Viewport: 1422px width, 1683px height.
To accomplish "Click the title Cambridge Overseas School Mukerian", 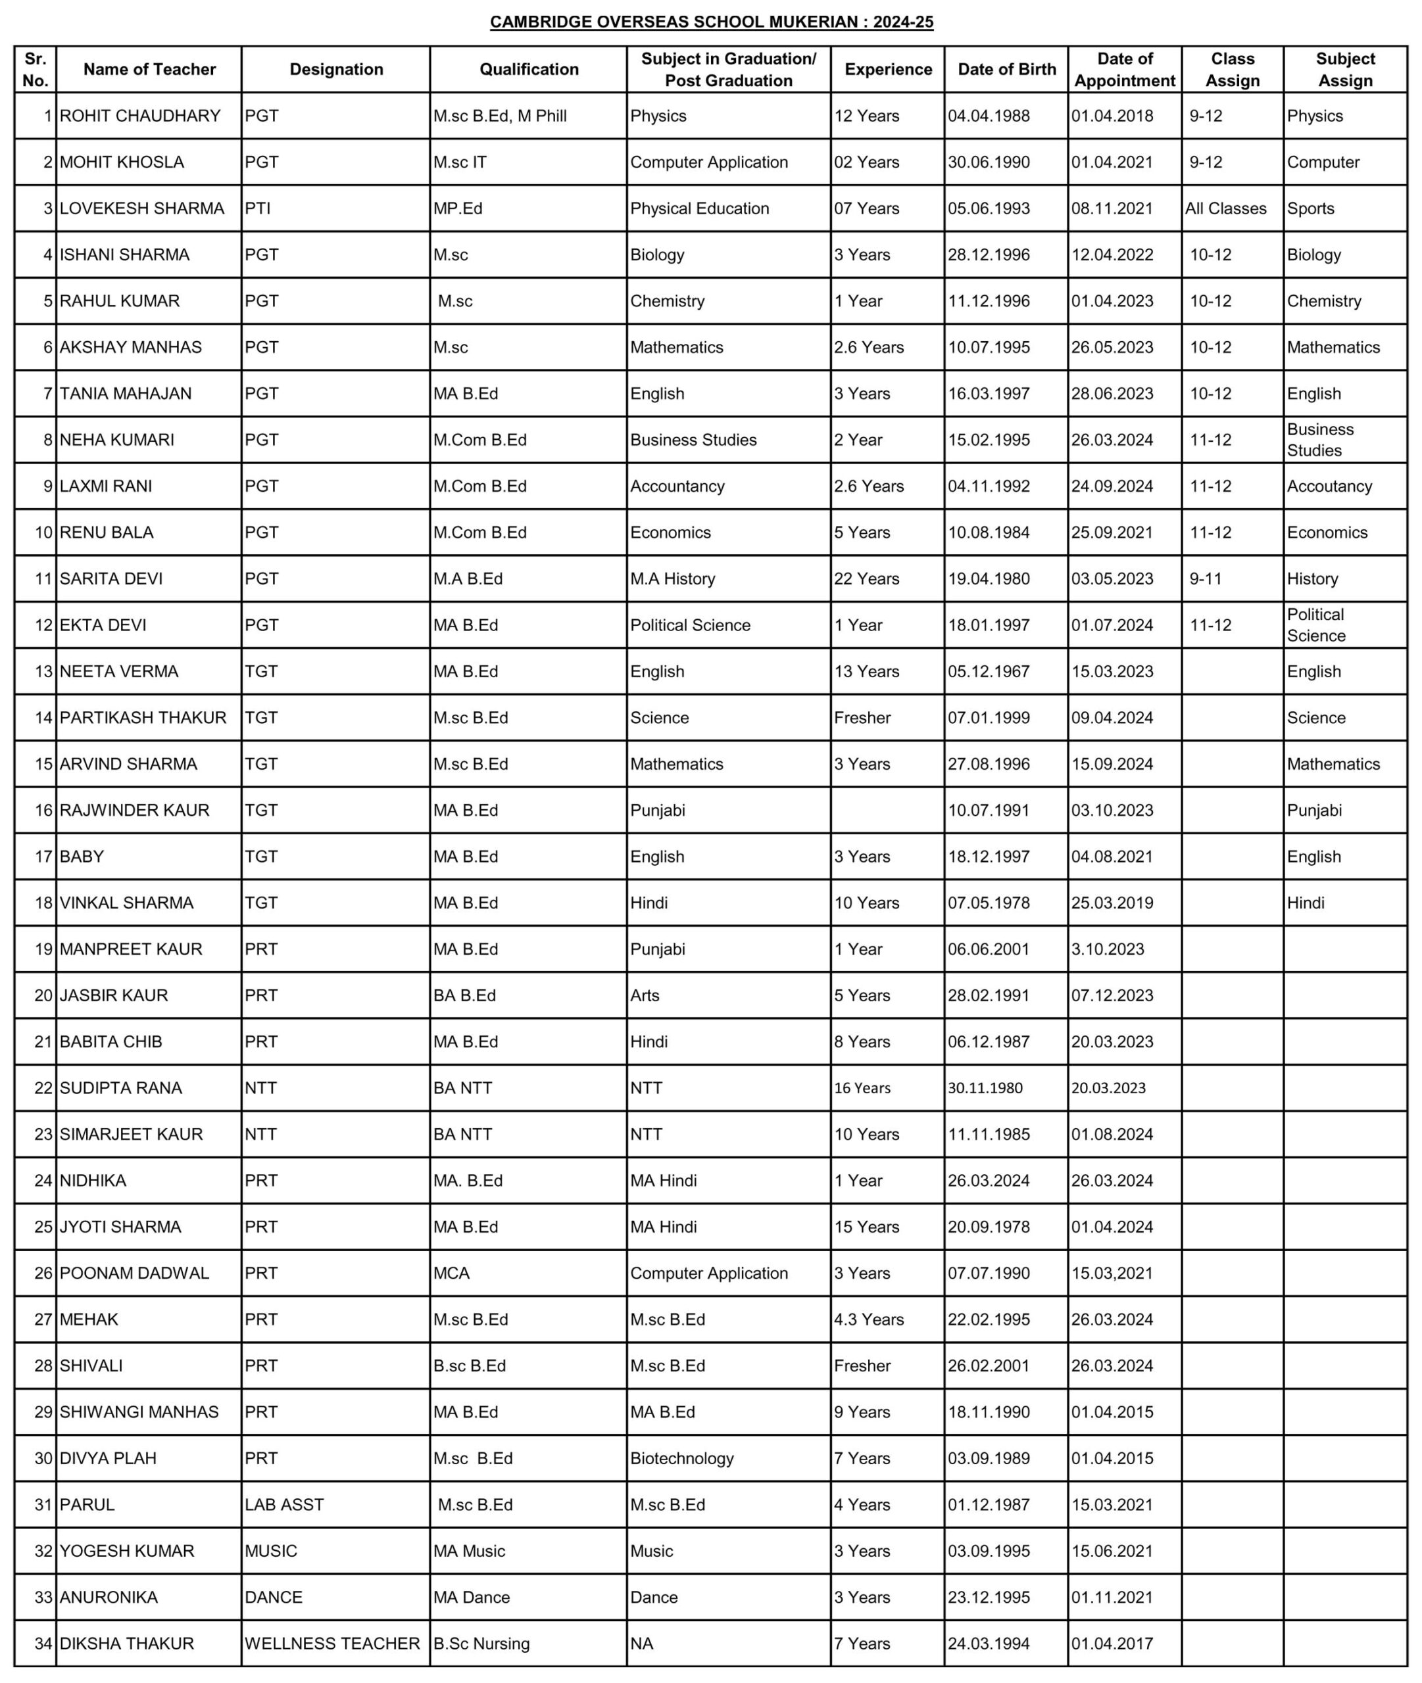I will pos(711,22).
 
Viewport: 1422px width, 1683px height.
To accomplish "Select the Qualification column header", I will pos(529,69).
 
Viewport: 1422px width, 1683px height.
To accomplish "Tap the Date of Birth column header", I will pos(1006,69).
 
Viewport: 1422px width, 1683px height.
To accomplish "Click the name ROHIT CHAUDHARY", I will pos(140,116).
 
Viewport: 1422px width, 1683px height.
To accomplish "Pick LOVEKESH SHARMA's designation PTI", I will pos(258,208).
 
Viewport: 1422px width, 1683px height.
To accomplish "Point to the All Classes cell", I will pos(1225,208).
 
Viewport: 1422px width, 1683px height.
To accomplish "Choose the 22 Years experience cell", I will pos(867,579).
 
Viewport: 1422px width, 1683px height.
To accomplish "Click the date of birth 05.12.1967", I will pos(989,672).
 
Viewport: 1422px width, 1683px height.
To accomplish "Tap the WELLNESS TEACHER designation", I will pos(332,1644).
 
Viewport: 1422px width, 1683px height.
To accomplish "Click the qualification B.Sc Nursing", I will pos(481,1644).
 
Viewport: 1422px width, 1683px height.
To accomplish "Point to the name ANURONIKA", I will pos(109,1598).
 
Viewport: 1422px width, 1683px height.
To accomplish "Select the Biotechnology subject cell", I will pos(682,1458).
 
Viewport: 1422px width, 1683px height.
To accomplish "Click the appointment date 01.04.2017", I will pos(1112,1644).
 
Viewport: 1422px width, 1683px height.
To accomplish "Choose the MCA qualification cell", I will pos(451,1273).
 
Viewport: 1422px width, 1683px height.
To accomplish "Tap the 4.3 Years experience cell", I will pos(869,1319).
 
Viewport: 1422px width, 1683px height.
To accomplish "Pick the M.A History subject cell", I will pos(672,579).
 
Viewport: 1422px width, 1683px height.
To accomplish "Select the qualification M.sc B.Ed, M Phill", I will pos(500,116).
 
